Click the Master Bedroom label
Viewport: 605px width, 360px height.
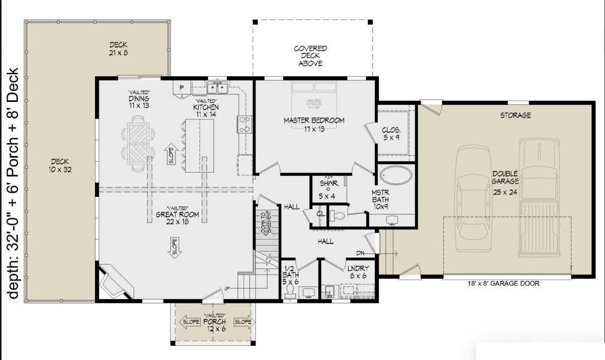pyautogui.click(x=314, y=125)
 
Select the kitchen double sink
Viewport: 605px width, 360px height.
pyautogui.click(x=218, y=88)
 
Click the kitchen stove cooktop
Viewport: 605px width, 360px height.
pyautogui.click(x=244, y=124)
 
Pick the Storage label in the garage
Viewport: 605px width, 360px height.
pyautogui.click(x=515, y=115)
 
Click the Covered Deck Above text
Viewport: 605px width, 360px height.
pyautogui.click(x=311, y=56)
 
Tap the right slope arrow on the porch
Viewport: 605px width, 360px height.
pyautogui.click(x=244, y=322)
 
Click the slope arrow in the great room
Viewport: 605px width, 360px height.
pyautogui.click(x=175, y=248)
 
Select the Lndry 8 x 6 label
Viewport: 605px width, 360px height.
pyautogui.click(x=358, y=272)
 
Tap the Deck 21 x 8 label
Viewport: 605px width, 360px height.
pyautogui.click(x=118, y=48)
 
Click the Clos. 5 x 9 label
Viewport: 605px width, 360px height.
pyautogui.click(x=391, y=134)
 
